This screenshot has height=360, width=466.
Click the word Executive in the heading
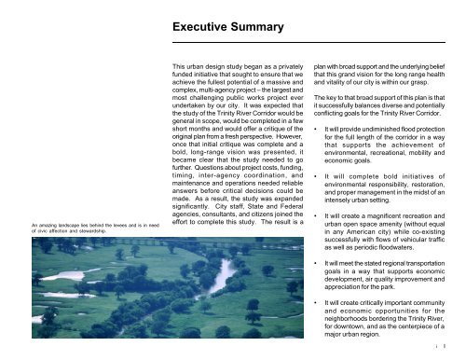206,31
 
